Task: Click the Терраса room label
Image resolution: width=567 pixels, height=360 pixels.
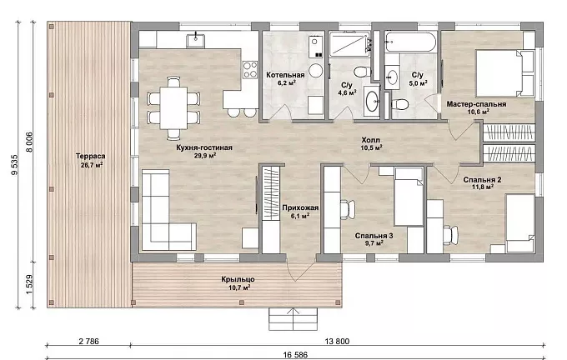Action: click(90, 156)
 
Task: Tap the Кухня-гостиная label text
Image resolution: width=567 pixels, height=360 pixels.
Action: click(204, 147)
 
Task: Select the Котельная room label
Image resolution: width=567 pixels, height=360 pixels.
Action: click(285, 75)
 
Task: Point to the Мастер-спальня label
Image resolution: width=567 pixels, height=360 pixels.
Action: click(476, 104)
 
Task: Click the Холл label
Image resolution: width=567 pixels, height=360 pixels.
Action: click(371, 140)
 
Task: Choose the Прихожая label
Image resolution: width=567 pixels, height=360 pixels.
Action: click(300, 207)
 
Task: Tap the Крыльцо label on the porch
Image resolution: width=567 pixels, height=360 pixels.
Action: click(238, 279)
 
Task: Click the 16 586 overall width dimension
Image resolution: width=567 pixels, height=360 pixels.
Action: click(295, 354)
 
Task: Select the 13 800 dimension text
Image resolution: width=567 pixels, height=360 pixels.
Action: click(337, 341)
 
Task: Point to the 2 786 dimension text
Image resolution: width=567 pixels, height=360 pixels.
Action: click(88, 341)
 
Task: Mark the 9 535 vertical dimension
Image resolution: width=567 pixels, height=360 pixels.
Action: click(14, 165)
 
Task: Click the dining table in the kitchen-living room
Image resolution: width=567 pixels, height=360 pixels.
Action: click(173, 107)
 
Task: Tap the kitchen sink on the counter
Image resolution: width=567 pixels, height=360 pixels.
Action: click(195, 41)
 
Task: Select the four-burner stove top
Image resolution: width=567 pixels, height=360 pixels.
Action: click(250, 70)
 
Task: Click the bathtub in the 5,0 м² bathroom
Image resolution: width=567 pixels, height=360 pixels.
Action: click(410, 42)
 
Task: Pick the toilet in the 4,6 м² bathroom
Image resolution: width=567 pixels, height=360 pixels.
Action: click(362, 72)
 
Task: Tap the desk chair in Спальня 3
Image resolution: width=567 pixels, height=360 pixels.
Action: click(348, 210)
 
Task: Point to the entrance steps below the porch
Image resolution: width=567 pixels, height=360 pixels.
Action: click(293, 319)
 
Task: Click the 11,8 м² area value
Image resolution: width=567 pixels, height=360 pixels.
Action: click(483, 187)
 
